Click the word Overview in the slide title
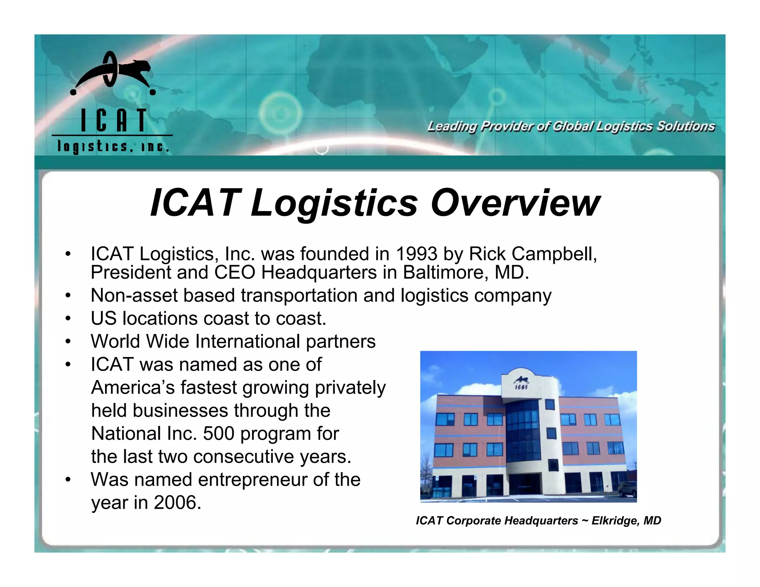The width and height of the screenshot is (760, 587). point(515,203)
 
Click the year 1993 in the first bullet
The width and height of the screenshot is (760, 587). point(416,254)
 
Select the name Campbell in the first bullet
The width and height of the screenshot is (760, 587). point(554,254)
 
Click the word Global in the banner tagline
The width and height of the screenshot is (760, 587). point(573,127)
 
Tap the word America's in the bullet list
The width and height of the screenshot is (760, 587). point(133,388)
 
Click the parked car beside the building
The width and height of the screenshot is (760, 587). point(627,489)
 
